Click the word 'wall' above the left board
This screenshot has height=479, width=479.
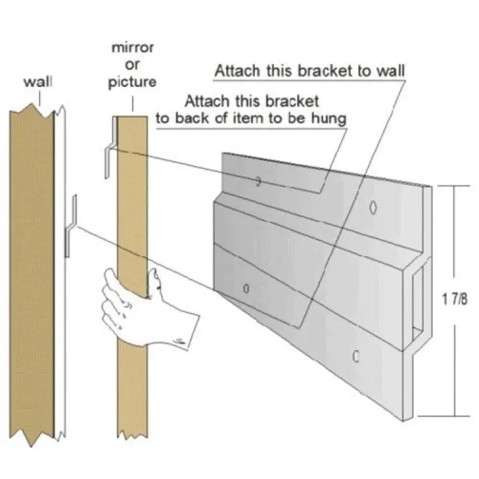[38, 82]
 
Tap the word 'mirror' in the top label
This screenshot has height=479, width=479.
[133, 48]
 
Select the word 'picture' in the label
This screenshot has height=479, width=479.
[132, 82]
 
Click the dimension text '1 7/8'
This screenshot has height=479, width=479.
[455, 299]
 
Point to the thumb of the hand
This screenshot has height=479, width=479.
[155, 280]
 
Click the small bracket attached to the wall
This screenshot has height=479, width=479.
[70, 225]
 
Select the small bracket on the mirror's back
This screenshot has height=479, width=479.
[110, 148]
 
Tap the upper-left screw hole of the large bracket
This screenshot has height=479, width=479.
[258, 181]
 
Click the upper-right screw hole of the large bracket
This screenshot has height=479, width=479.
[373, 208]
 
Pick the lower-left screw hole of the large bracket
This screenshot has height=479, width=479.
[247, 289]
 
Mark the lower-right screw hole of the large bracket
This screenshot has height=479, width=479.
[356, 356]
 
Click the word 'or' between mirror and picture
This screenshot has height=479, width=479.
[133, 65]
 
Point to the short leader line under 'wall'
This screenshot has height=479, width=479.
[40, 98]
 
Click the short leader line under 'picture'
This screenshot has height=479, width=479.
[133, 104]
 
